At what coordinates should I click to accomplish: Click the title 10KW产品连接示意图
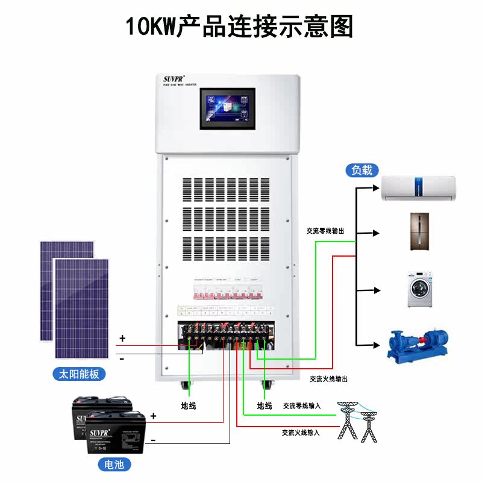pyautogui.click(x=239, y=27)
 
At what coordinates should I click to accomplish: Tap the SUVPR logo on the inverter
pyautogui.click(x=175, y=80)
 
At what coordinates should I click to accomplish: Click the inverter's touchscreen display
pyautogui.click(x=227, y=108)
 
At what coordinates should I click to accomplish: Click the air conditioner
pyautogui.click(x=419, y=188)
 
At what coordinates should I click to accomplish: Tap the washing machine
pyautogui.click(x=421, y=290)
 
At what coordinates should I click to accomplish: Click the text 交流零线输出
pyautogui.click(x=325, y=231)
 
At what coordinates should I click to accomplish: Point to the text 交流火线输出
pyautogui.click(x=328, y=379)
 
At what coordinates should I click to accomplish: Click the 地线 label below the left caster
pyautogui.click(x=189, y=406)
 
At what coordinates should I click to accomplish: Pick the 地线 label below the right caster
pyautogui.click(x=264, y=406)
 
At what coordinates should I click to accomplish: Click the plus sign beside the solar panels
pyautogui.click(x=122, y=339)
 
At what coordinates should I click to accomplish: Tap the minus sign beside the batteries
pyautogui.click(x=153, y=440)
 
